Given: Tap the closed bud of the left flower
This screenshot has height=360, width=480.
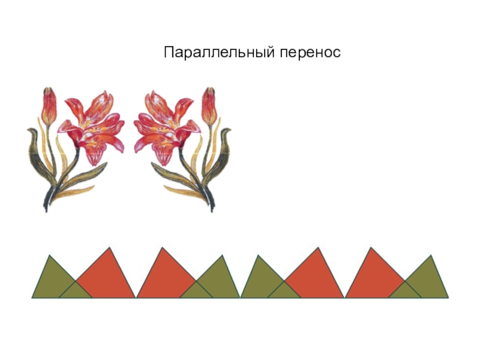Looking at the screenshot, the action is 49,106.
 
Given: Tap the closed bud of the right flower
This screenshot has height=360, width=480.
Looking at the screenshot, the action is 208,106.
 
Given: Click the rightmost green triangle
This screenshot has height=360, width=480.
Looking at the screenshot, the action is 430,279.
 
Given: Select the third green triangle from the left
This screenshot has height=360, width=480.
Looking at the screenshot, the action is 260,279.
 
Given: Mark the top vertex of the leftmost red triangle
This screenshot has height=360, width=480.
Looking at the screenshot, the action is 109,247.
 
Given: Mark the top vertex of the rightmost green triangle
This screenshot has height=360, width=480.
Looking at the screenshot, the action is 431,256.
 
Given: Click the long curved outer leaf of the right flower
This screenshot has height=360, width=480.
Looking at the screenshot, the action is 225,150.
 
